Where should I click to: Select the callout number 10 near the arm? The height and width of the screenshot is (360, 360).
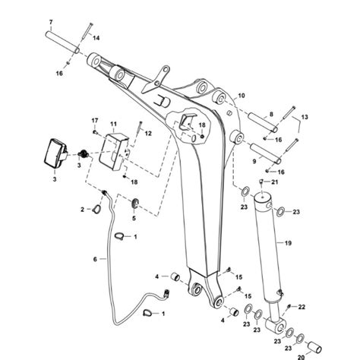pyautogui.click(x=242, y=96)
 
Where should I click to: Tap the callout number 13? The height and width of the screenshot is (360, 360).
pyautogui.click(x=305, y=118)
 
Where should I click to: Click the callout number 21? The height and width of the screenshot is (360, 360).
pyautogui.click(x=275, y=183)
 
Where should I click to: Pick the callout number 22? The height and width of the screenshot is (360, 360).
pyautogui.click(x=302, y=306)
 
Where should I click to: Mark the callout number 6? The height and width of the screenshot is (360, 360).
pyautogui.click(x=95, y=258)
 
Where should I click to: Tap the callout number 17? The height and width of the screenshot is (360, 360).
pyautogui.click(x=96, y=122)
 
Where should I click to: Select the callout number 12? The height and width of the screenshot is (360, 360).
pyautogui.click(x=148, y=134)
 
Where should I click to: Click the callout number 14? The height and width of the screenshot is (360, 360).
pyautogui.click(x=96, y=36)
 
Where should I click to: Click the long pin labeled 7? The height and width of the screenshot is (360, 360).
pyautogui.click(x=65, y=39)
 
